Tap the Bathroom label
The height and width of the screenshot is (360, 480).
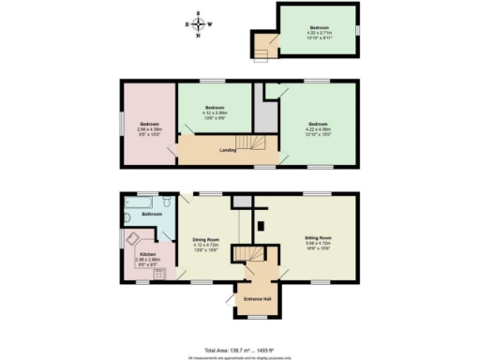152,215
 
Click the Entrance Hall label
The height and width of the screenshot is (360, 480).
258,298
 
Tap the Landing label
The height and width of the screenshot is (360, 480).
227,149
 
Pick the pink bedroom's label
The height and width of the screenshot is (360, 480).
150,125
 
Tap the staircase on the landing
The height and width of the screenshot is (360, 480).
249,142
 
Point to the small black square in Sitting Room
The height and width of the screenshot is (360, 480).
262,224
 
